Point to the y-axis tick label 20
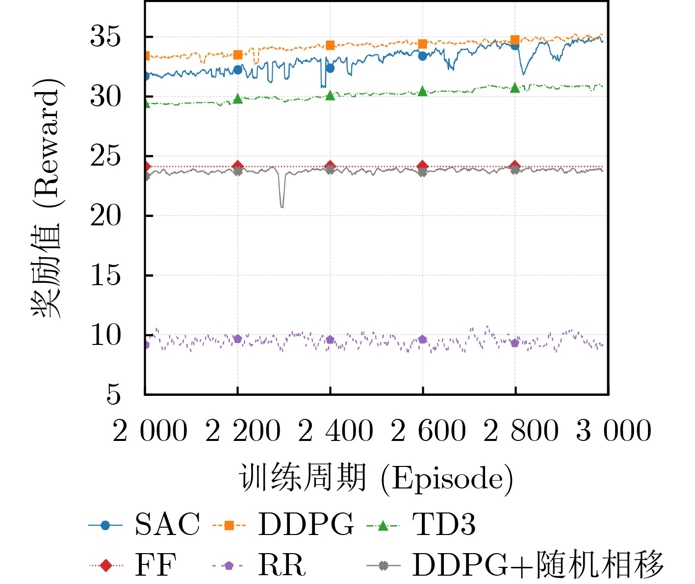105,216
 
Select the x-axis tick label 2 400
335,431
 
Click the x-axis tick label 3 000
614,431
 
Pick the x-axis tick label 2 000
150,431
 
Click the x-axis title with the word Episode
376,478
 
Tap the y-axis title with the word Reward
48,198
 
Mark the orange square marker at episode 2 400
330,45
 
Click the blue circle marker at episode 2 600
422,56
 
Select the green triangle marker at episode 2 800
515,88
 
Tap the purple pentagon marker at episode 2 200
238,339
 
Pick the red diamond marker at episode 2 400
330,166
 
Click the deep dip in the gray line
282,206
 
